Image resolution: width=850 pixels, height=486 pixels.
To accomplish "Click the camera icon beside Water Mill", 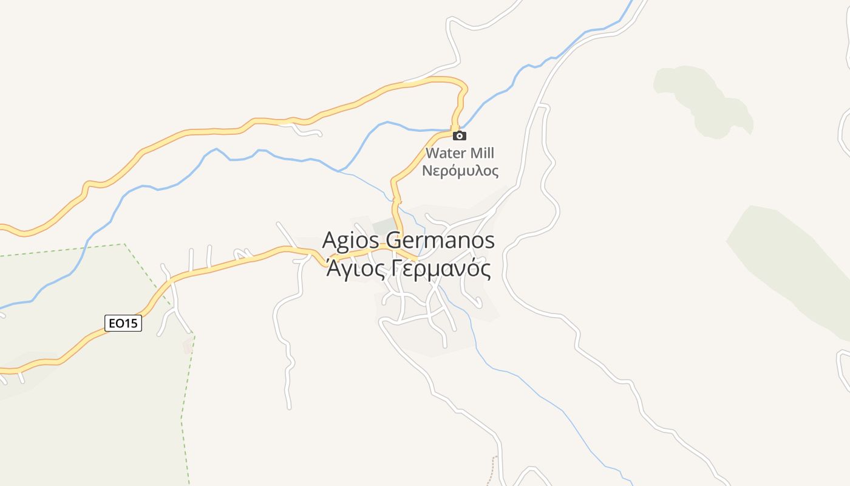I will coord(460,135).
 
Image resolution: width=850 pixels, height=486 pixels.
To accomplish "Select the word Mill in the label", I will coord(479,153).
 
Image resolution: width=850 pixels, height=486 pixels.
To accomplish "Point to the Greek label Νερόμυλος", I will coord(460,171).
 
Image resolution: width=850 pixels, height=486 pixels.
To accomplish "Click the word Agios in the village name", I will coord(351,241).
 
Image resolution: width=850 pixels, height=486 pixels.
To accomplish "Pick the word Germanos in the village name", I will coord(440,241).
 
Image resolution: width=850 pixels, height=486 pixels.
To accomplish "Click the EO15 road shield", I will coord(123,323).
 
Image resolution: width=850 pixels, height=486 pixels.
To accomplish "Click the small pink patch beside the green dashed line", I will coord(188,346).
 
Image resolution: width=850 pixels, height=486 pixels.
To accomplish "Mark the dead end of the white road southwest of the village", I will coord(289,406).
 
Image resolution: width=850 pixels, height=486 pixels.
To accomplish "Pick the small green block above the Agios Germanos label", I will coord(383,224).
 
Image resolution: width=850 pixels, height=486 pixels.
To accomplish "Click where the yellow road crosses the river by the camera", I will coord(454,129).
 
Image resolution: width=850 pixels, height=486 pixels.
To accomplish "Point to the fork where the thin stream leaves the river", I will coord(340,171).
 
